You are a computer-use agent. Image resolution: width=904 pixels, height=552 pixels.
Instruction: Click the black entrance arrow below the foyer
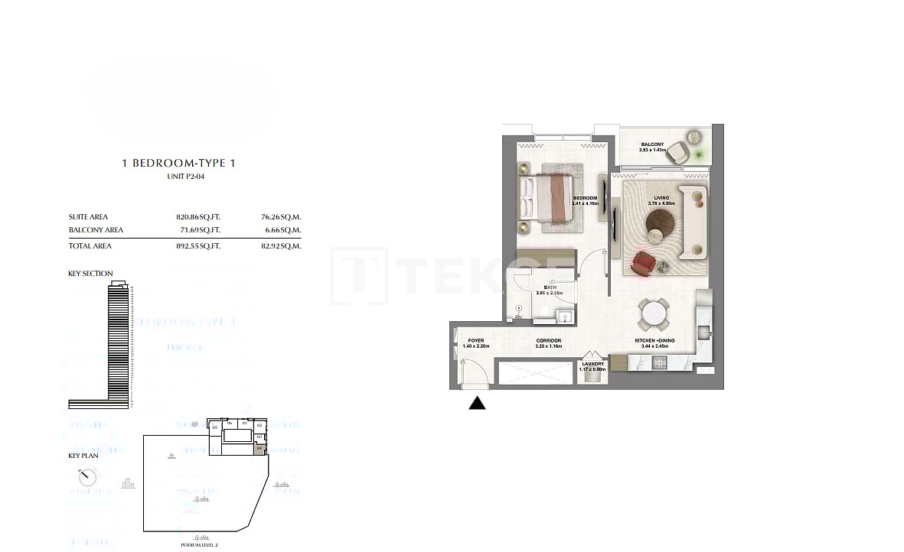[477, 403]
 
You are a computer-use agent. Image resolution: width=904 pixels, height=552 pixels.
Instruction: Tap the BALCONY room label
[652, 144]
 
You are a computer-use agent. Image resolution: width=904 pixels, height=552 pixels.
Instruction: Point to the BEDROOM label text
[585, 198]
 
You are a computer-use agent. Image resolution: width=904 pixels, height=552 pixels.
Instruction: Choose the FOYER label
[475, 340]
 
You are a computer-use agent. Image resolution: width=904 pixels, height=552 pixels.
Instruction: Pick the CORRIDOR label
[549, 340]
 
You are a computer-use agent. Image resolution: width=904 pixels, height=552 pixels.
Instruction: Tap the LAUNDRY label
[592, 364]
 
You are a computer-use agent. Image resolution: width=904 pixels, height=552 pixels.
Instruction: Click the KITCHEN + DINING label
[652, 340]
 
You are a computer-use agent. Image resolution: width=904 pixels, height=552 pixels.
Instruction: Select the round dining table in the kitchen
[653, 313]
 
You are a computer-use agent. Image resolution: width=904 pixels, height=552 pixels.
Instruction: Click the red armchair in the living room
[643, 263]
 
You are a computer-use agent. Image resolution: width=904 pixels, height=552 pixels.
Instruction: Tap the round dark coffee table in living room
[659, 224]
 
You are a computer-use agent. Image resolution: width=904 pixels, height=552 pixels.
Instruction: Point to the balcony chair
[677, 151]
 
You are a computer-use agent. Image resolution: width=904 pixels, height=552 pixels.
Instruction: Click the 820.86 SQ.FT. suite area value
[197, 217]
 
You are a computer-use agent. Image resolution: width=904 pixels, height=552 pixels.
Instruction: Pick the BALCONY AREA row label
[96, 230]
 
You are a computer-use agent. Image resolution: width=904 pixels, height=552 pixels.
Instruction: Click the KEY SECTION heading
[90, 274]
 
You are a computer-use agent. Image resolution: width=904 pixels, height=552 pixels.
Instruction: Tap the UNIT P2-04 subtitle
[185, 177]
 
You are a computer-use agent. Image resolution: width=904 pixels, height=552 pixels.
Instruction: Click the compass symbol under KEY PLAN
[88, 478]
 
